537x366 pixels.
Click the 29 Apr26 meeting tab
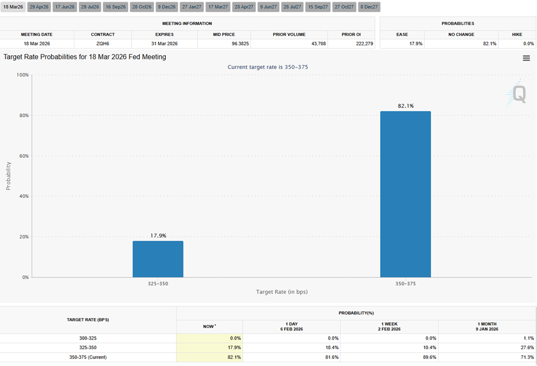[39, 7]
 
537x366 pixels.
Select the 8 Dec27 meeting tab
[368, 7]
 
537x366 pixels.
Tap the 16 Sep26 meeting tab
[116, 7]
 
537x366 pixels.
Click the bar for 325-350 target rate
[158, 259]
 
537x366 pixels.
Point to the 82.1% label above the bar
[405, 106]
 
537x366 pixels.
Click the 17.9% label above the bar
[158, 235]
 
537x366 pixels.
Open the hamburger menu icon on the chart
[526, 58]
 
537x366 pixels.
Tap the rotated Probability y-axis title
[8, 176]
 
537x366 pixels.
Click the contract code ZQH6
[102, 43]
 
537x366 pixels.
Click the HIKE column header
[517, 34]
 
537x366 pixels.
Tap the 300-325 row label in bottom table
[88, 338]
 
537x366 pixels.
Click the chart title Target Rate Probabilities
[85, 57]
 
